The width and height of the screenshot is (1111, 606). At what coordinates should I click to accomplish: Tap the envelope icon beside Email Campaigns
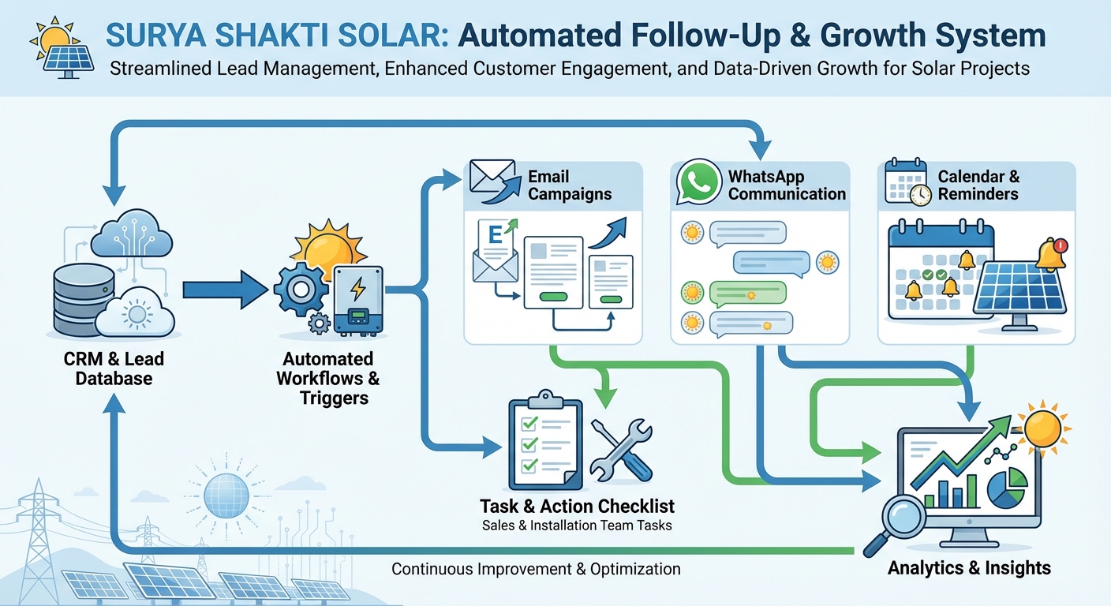click(x=492, y=180)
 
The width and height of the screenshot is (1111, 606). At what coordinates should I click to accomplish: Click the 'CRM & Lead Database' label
click(x=114, y=368)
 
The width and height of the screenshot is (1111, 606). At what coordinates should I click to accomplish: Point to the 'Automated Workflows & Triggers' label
click(x=328, y=378)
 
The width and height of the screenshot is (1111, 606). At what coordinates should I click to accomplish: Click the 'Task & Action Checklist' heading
click(x=577, y=505)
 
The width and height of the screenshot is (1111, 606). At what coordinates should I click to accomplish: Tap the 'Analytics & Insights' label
click(x=969, y=567)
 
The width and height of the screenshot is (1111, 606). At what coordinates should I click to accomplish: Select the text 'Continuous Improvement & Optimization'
click(x=536, y=568)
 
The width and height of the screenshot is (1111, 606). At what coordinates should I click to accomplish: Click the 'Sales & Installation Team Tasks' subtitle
click(x=577, y=525)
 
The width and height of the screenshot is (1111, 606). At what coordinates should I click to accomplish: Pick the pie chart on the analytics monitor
click(x=1007, y=487)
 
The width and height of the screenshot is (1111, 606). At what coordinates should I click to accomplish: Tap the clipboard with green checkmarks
click(x=543, y=442)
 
